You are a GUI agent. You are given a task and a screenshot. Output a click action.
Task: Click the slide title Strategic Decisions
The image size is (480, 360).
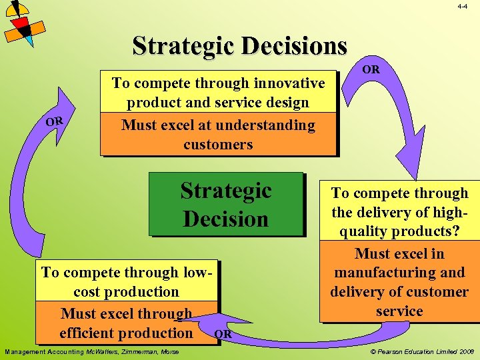(x=240, y=46)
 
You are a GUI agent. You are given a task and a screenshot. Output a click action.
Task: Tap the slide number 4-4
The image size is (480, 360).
(x=463, y=6)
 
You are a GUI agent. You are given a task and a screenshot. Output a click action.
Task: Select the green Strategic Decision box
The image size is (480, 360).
(x=225, y=205)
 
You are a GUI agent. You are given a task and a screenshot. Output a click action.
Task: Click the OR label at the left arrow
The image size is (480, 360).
(x=54, y=121)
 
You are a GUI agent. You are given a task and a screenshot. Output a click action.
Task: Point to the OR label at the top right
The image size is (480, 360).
(x=371, y=69)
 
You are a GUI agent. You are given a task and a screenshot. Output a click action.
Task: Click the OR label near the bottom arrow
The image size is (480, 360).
(x=224, y=333)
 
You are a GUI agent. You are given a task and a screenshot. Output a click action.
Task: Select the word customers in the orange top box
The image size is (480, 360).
(x=218, y=145)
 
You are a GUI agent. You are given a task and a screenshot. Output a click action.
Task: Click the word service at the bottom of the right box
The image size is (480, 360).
(x=399, y=311)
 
